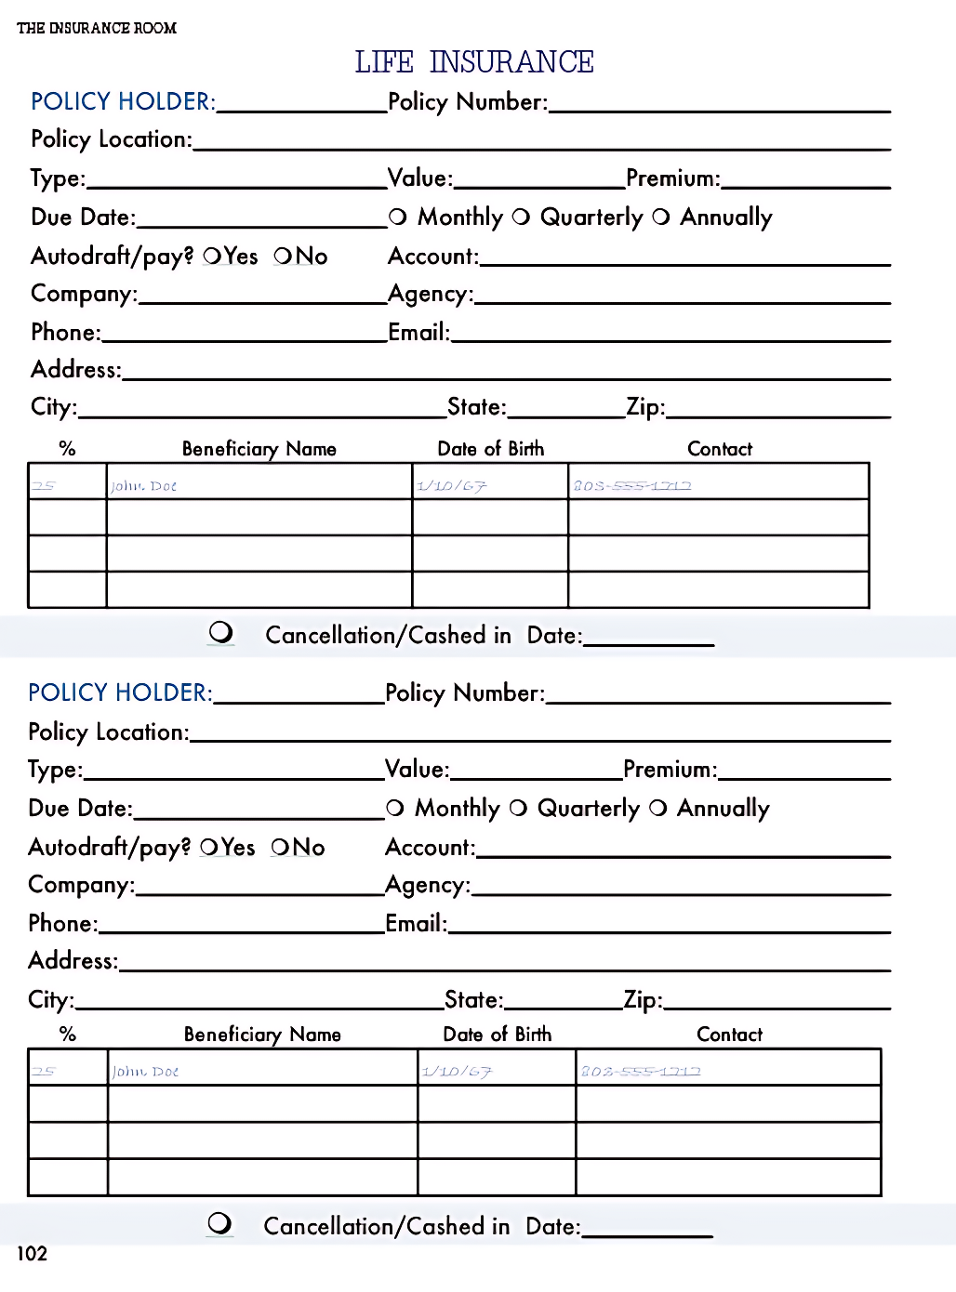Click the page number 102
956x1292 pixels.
[32, 1253]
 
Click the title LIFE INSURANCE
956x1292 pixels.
[474, 62]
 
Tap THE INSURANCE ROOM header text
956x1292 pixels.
[97, 28]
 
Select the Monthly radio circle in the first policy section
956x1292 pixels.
[398, 217]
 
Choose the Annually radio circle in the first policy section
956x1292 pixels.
[661, 217]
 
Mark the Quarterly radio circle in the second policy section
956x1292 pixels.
[519, 808]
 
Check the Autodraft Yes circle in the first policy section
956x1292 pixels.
[212, 256]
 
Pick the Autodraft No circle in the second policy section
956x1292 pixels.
[281, 847]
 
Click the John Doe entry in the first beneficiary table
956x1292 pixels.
[143, 486]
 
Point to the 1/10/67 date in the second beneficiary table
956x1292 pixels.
[457, 1072]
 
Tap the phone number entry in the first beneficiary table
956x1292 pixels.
[632, 485]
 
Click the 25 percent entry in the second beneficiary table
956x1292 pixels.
[44, 1071]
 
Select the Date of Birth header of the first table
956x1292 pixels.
[490, 449]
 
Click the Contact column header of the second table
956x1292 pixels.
[729, 1035]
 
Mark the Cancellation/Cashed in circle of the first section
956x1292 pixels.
[221, 632]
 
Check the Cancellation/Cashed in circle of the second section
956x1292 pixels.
[220, 1223]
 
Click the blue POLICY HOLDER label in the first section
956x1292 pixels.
[123, 101]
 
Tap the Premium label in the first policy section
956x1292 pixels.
[672, 178]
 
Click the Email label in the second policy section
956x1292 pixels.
[416, 923]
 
